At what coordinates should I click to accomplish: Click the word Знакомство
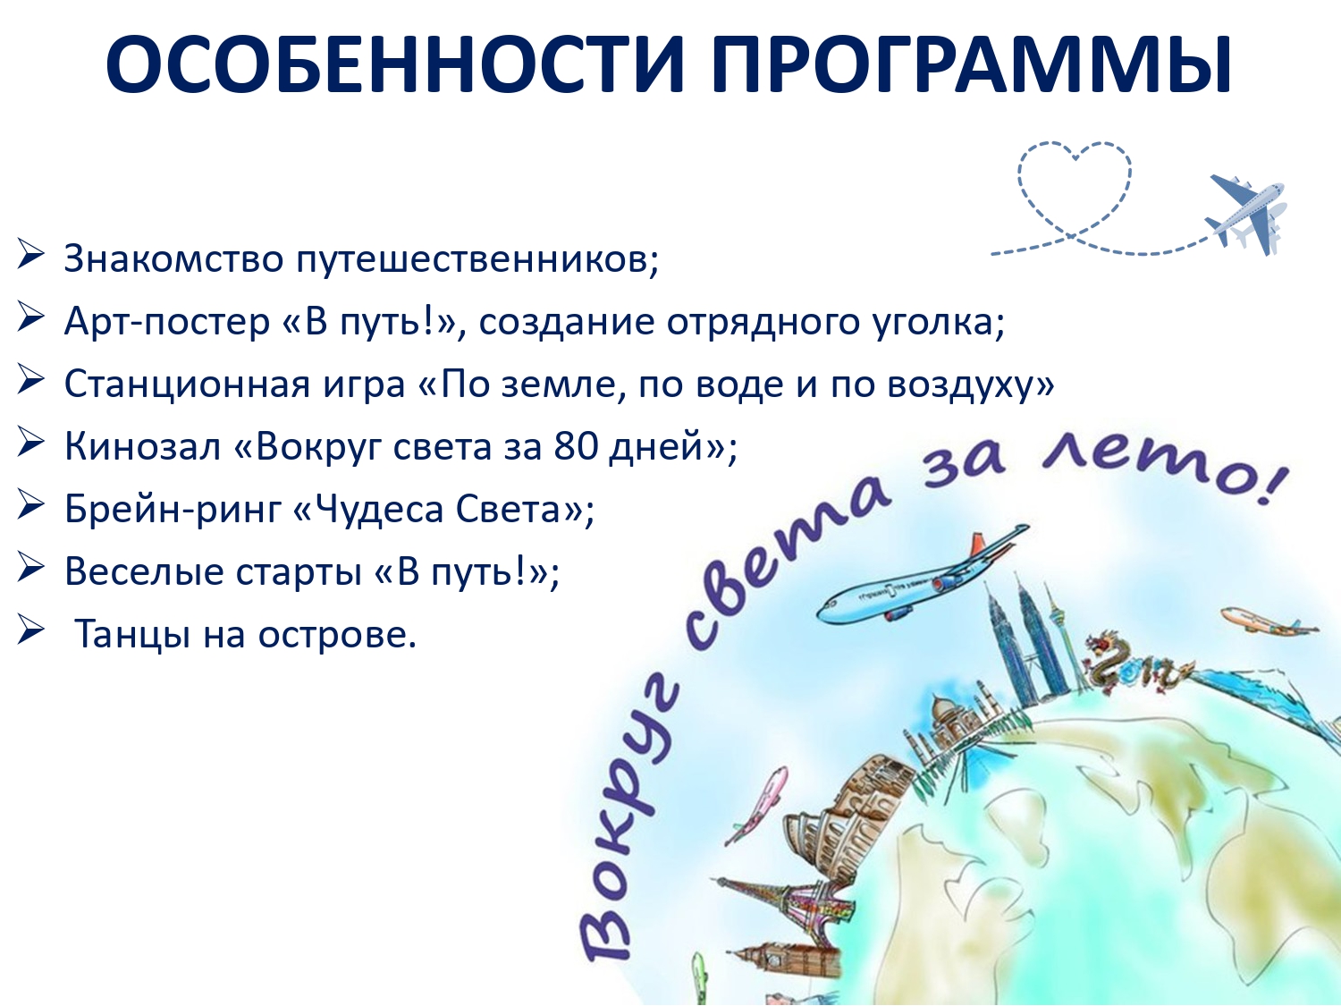click(x=173, y=258)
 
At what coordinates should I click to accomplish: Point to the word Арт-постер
click(x=167, y=322)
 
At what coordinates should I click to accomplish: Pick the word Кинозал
click(x=142, y=447)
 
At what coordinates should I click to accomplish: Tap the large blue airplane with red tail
click(x=924, y=575)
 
